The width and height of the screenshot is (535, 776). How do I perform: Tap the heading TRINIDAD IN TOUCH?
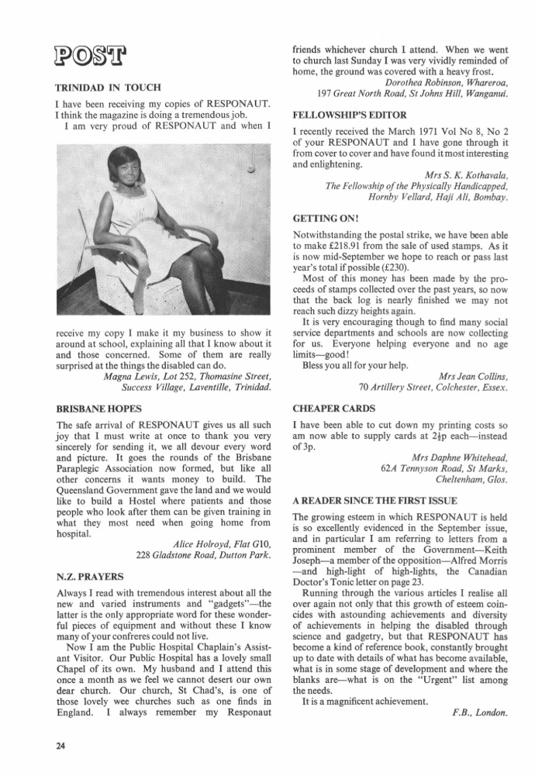click(x=109, y=88)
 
